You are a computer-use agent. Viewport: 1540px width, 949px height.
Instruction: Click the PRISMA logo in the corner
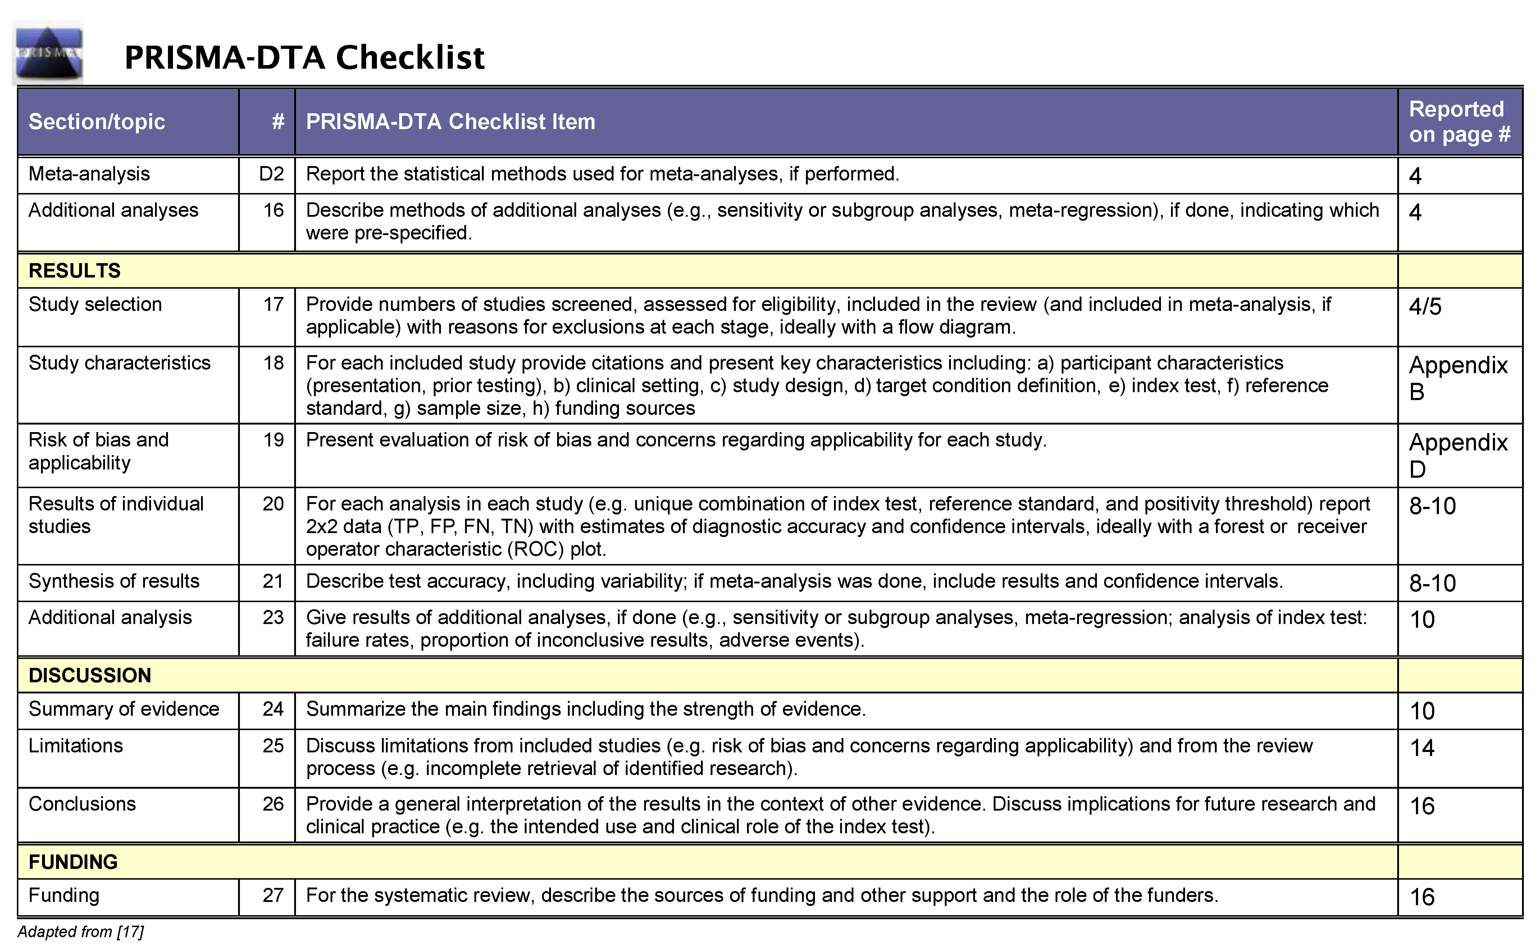48,53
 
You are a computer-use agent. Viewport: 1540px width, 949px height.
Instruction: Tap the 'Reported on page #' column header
1459,122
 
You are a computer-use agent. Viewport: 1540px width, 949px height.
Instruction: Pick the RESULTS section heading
75,271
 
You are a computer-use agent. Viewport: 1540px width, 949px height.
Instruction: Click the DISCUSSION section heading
90,675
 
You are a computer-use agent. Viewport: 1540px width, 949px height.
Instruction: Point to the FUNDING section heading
73,862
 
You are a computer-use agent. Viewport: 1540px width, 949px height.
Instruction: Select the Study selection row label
95,304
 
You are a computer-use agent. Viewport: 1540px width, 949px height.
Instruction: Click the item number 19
273,440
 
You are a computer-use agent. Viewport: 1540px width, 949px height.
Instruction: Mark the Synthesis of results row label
114,581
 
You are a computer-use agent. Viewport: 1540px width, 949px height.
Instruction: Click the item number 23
273,618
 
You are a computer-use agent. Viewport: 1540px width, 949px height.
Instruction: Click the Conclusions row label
82,804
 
